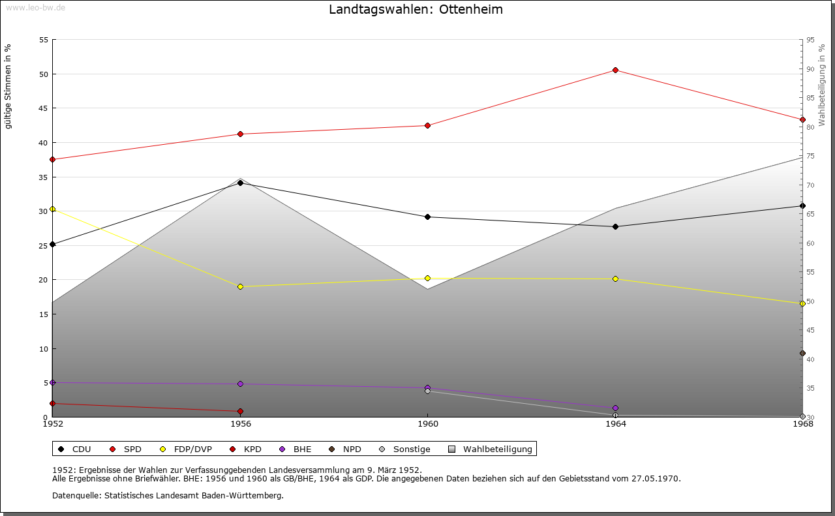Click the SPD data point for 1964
(615, 70)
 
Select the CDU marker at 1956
(240, 183)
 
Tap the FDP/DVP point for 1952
(52, 209)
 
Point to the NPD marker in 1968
(802, 353)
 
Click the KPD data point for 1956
(240, 411)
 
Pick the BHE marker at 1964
(615, 408)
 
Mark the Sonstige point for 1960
(427, 391)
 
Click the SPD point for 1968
(802, 119)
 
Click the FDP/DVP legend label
(192, 449)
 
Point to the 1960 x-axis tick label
(427, 424)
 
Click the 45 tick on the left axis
(44, 108)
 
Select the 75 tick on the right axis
(810, 156)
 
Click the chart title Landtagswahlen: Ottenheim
(416, 10)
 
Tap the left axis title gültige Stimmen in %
(8, 86)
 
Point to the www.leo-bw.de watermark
(35, 7)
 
